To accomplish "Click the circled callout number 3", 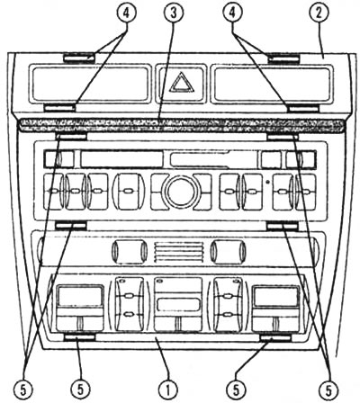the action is coord(174,13).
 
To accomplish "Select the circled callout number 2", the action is coord(319,13).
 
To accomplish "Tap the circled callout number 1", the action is coord(168,390).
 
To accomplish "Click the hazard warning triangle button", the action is coord(182,84).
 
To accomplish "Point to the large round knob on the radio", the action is coord(181,193).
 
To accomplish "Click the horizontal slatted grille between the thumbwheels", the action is coord(178,251).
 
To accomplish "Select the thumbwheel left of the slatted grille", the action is coord(130,251).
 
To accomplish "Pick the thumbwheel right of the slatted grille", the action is coord(228,251).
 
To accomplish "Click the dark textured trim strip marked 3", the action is coord(181,126).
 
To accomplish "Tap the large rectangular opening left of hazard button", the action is coord(90,83).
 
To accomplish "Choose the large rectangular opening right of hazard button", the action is coord(272,83).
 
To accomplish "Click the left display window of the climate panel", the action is coord(80,296).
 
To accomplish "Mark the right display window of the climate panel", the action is coord(276,296).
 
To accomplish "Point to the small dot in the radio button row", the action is coord(267,182).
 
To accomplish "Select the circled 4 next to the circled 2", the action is coord(232,13).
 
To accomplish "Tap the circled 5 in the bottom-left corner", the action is coord(23,390).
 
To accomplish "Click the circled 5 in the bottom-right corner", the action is coord(329,390).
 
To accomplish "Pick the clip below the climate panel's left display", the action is coord(80,338).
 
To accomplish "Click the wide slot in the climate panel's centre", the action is coord(178,304).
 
